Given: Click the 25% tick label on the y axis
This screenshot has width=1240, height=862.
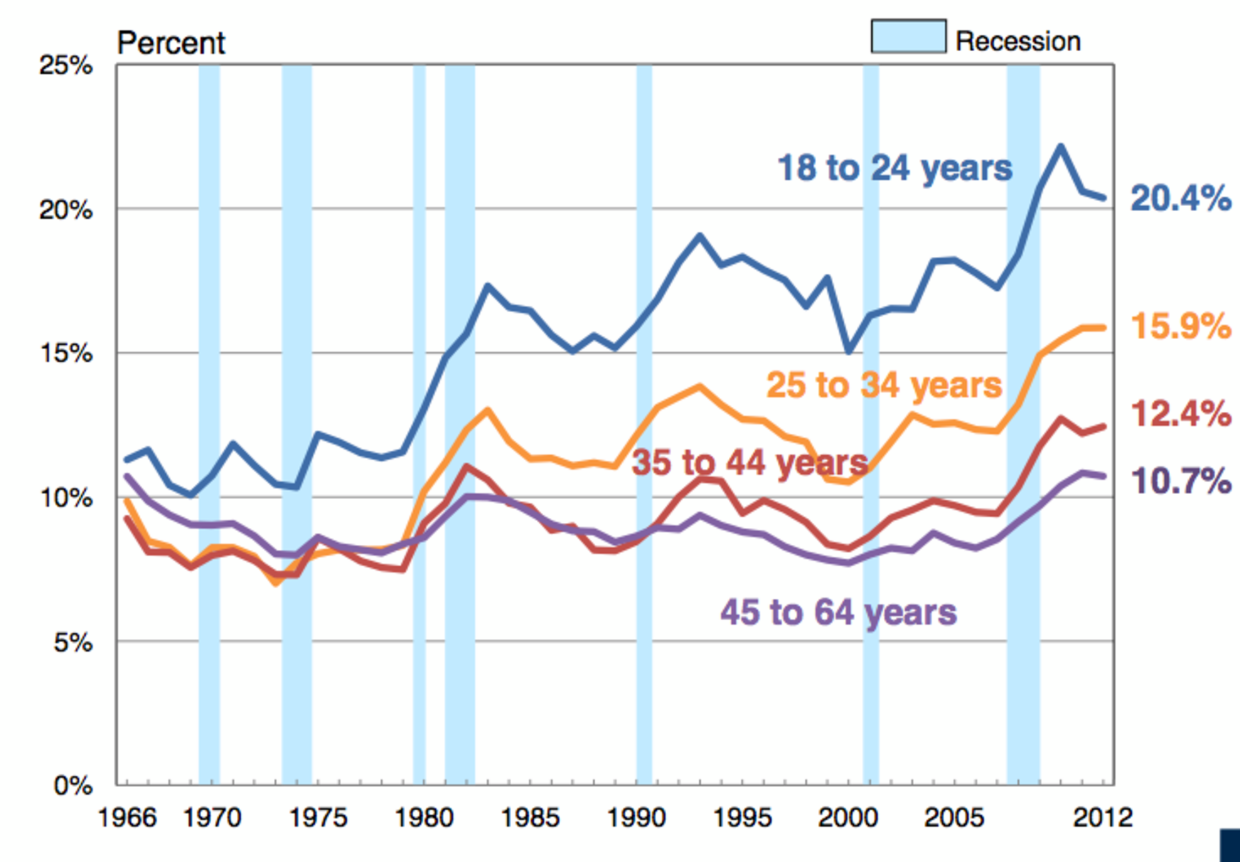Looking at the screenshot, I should [x=65, y=66].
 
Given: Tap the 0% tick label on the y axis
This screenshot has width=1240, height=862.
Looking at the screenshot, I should [x=73, y=785].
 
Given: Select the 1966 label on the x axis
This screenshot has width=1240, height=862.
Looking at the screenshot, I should [x=127, y=818].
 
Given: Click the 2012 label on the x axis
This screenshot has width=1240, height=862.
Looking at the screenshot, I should [x=1102, y=818].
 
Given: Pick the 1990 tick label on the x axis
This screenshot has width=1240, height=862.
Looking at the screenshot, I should [x=636, y=818].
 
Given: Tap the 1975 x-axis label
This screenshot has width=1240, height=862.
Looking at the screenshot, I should [x=318, y=818].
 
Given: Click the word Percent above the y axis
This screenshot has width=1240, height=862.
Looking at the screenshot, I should [x=171, y=43].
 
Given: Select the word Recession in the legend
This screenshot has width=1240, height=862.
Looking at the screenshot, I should [x=1018, y=42].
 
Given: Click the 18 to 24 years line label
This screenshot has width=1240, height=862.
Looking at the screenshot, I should [x=894, y=168].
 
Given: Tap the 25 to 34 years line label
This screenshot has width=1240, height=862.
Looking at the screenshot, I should [x=884, y=386].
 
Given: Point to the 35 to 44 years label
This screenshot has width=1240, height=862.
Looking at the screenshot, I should [x=750, y=463].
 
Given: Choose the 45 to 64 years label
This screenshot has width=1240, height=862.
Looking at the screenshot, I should [x=838, y=612].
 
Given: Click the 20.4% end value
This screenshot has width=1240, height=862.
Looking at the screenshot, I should [x=1181, y=199].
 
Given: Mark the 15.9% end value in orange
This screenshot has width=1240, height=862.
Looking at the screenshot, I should [x=1181, y=326].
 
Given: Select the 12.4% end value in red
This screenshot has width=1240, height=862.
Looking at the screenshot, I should [x=1181, y=414].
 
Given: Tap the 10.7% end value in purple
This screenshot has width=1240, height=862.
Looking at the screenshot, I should [x=1181, y=482].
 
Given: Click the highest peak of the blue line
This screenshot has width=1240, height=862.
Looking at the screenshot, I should [x=1061, y=146].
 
